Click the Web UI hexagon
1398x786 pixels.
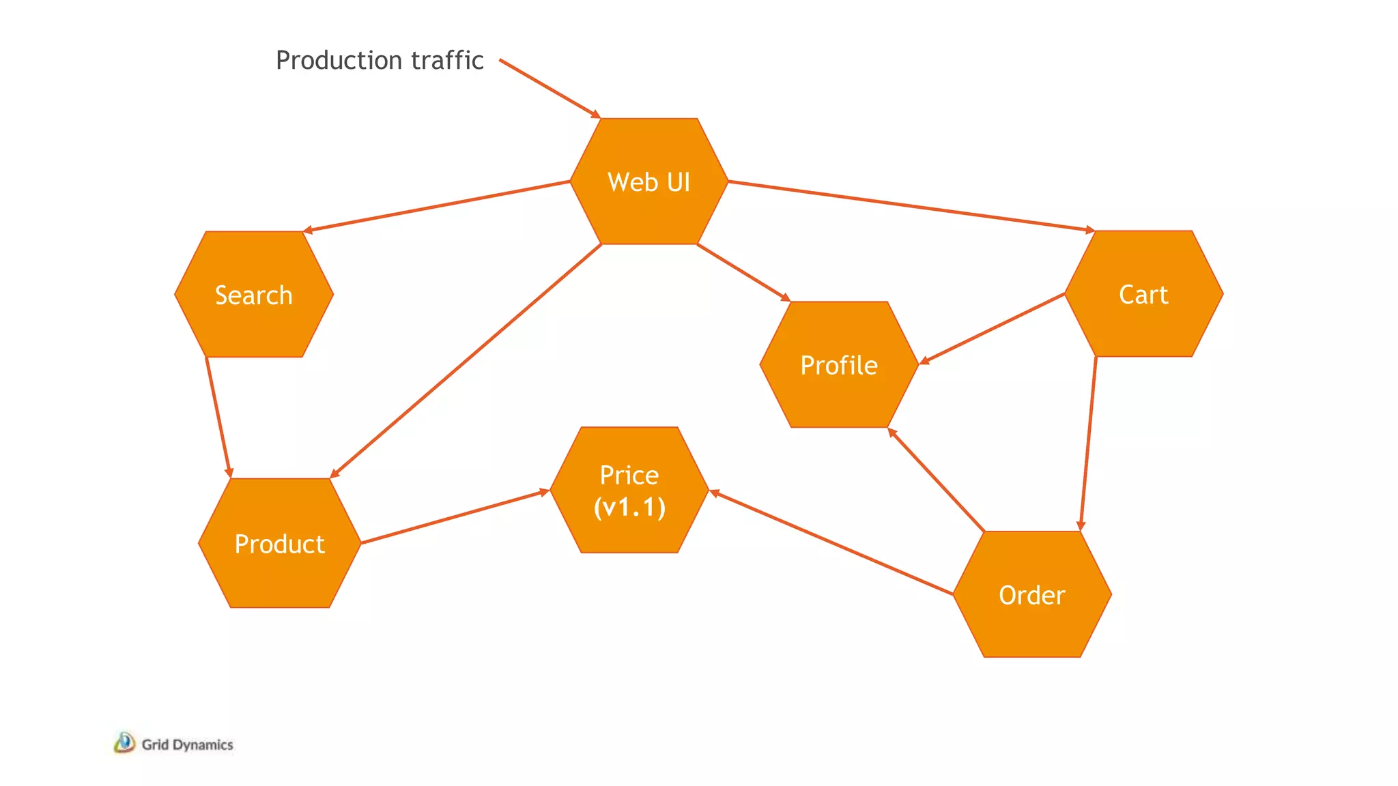[x=648, y=181]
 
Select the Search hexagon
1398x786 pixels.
[x=254, y=295]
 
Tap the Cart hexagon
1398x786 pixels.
[x=1143, y=294]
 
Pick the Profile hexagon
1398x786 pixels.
[x=839, y=365]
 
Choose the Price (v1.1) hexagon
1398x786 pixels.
[x=629, y=490]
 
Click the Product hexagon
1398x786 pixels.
[x=279, y=543]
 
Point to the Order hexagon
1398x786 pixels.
[x=1031, y=594]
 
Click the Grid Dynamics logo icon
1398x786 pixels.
[x=124, y=742]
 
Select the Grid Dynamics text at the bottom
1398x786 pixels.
[x=187, y=744]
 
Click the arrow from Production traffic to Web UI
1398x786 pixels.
[x=550, y=89]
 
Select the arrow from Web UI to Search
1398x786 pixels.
[x=437, y=206]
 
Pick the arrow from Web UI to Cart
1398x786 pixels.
[x=911, y=206]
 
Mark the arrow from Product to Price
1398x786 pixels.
[x=455, y=517]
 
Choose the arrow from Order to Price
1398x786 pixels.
[x=831, y=543]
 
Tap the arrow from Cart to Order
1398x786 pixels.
[x=1088, y=443]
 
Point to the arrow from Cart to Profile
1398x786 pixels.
[x=993, y=328]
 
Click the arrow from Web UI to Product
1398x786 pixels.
[x=466, y=361]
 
